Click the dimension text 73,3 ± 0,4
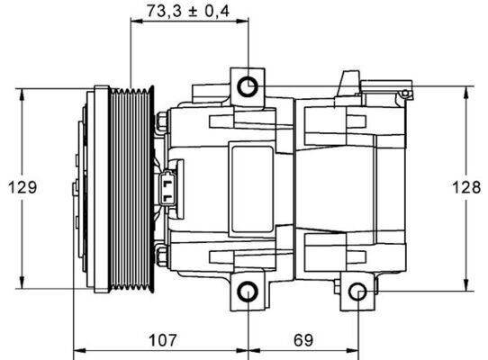(x=187, y=12)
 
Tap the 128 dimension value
(x=466, y=187)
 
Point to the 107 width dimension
(x=159, y=340)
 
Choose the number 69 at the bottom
(x=303, y=340)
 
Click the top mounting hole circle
(x=249, y=86)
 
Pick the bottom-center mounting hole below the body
(x=249, y=292)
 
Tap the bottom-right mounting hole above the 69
(x=357, y=292)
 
